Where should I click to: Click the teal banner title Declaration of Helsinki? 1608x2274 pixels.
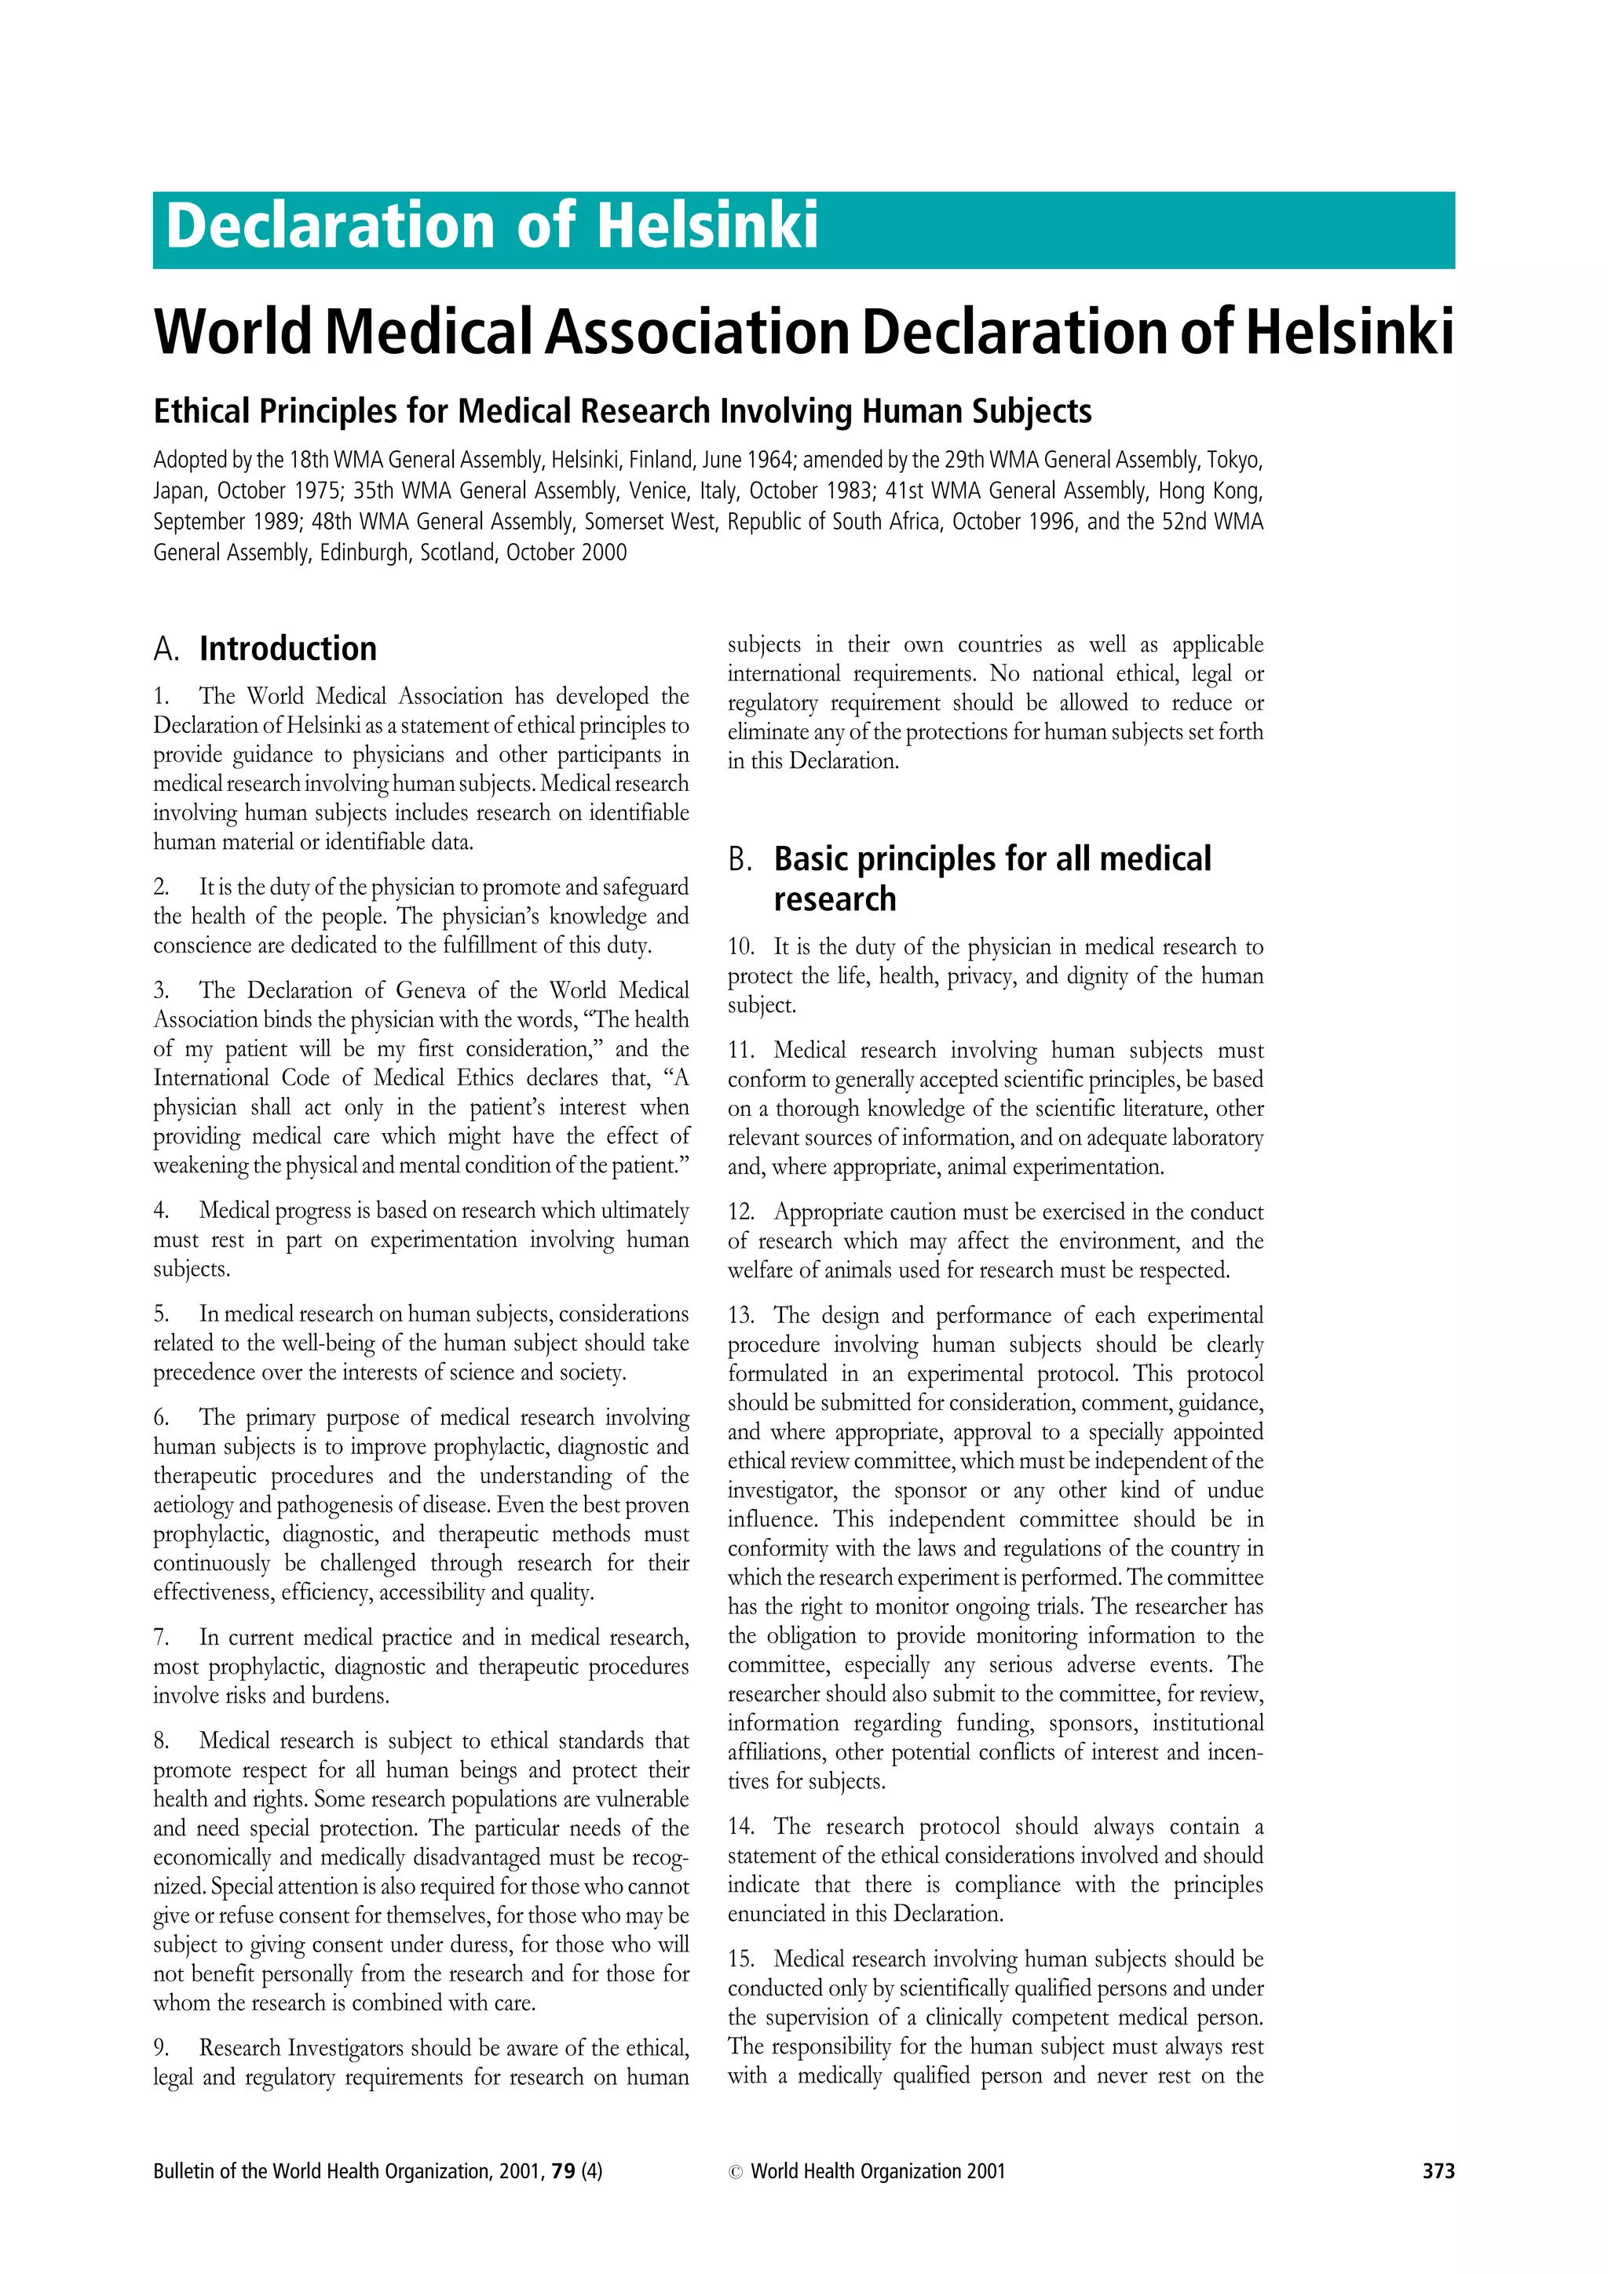click(x=492, y=226)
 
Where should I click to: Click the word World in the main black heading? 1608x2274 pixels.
click(x=233, y=332)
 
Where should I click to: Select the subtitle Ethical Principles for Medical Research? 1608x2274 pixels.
click(x=621, y=411)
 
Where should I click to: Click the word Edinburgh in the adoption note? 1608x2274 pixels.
click(x=364, y=552)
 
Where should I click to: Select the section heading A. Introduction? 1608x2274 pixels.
click(x=265, y=649)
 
